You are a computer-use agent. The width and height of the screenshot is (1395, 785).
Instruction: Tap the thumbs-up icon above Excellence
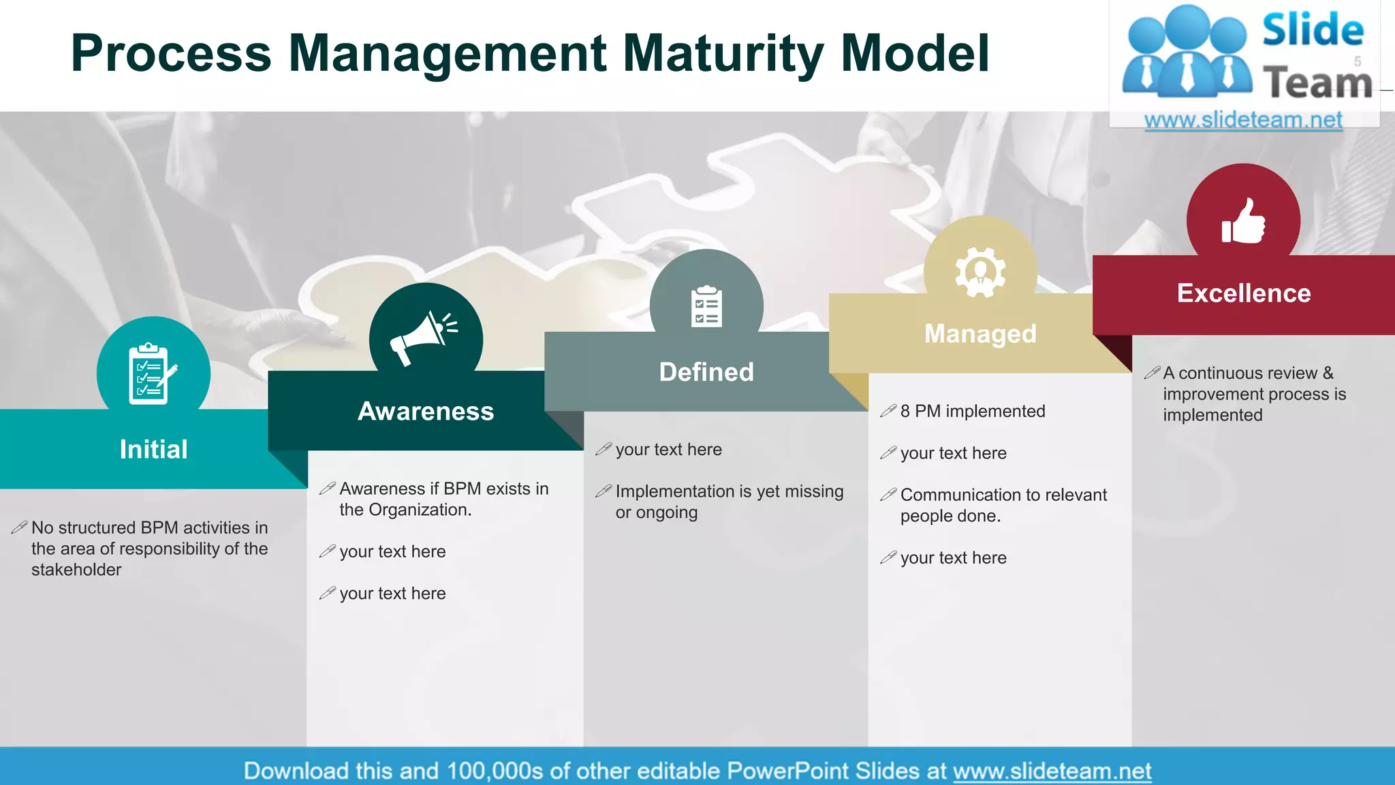pos(1243,221)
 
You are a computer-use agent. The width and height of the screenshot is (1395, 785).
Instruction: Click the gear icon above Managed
pos(979,272)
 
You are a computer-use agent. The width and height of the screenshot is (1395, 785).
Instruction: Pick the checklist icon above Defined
pos(706,307)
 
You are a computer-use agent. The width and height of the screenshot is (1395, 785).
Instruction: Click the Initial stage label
pos(153,450)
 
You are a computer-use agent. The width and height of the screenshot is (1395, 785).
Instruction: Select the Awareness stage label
pos(426,412)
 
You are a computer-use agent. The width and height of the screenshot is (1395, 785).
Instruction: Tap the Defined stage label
pos(706,372)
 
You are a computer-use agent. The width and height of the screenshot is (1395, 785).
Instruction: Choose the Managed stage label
pos(980,334)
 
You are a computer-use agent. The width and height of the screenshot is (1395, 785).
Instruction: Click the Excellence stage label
pos(1244,294)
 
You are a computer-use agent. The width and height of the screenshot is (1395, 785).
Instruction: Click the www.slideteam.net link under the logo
pos(1243,120)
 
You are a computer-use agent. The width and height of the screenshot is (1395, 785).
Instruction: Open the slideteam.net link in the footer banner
pos(1052,771)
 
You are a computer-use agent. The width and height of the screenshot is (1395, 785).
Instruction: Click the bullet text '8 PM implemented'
pos(972,412)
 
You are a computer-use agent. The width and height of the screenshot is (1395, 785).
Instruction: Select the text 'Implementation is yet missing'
pos(729,491)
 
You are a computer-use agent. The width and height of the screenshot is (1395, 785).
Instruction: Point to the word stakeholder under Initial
pos(76,570)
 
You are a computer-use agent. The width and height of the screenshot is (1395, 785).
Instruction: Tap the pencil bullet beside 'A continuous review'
pos(1152,373)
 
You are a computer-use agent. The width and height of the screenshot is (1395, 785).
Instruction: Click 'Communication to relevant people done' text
pos(1003,505)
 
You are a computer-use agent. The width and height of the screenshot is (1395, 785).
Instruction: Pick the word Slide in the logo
pos(1313,30)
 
